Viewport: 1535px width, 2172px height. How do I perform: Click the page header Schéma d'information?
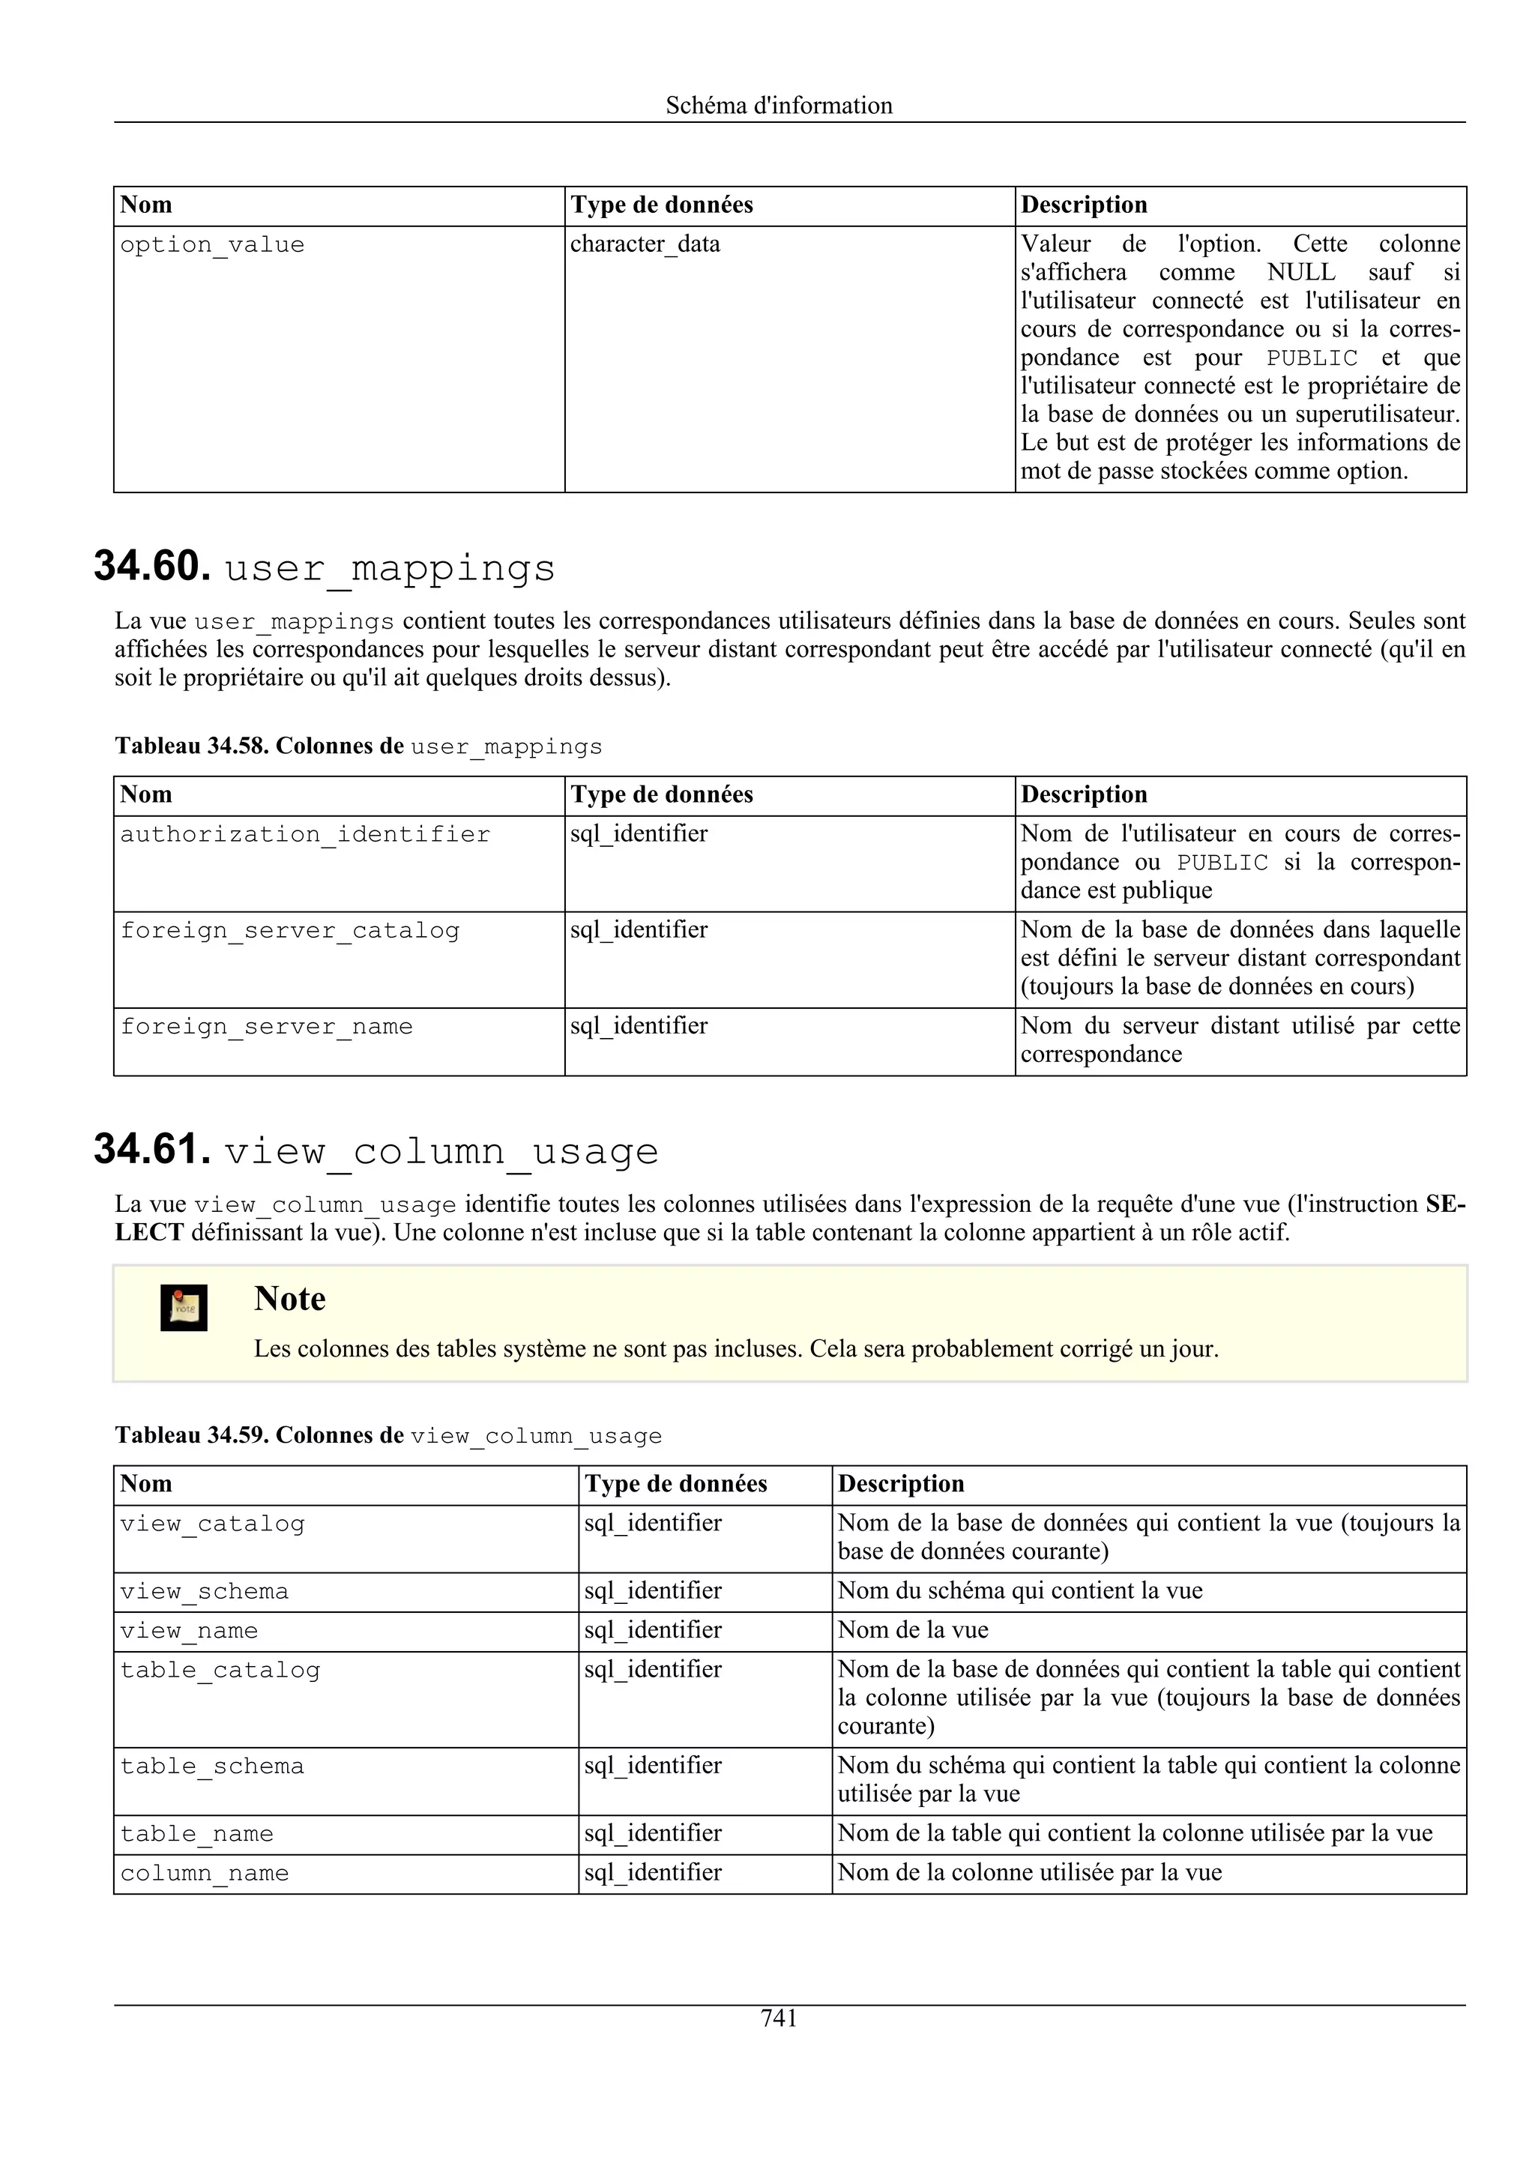click(x=779, y=105)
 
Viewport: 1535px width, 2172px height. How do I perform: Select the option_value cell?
click(x=212, y=245)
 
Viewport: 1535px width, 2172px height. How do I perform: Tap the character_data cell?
click(x=645, y=244)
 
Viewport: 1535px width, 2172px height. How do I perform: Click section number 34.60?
click(x=151, y=567)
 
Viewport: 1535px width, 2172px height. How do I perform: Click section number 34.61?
click(x=151, y=1150)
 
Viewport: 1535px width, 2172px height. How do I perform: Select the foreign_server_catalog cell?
click(x=289, y=931)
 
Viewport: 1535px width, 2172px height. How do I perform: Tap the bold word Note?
click(x=289, y=1299)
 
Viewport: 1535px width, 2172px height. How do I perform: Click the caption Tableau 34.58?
click(x=194, y=746)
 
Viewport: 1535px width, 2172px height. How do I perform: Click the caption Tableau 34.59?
click(x=194, y=1435)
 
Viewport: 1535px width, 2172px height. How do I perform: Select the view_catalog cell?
click(x=212, y=1524)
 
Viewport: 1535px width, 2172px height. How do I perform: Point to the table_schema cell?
click(x=212, y=1767)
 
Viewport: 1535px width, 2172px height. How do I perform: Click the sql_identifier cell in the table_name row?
click(x=653, y=1833)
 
